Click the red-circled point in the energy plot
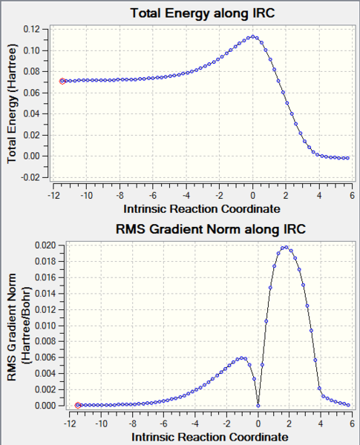point(62,81)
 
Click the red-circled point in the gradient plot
point(78,405)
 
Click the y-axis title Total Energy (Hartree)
point(13,104)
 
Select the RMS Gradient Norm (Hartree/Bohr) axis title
point(16,326)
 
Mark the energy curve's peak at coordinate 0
point(253,36)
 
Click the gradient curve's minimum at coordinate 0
point(258,405)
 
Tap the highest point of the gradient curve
point(285,247)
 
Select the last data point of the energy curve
point(347,158)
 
